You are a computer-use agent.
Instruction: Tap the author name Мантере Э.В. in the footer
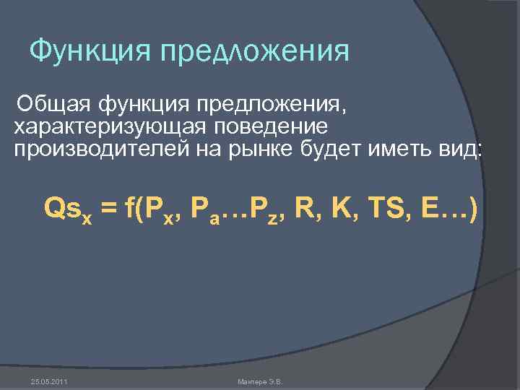[x=260, y=381]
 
